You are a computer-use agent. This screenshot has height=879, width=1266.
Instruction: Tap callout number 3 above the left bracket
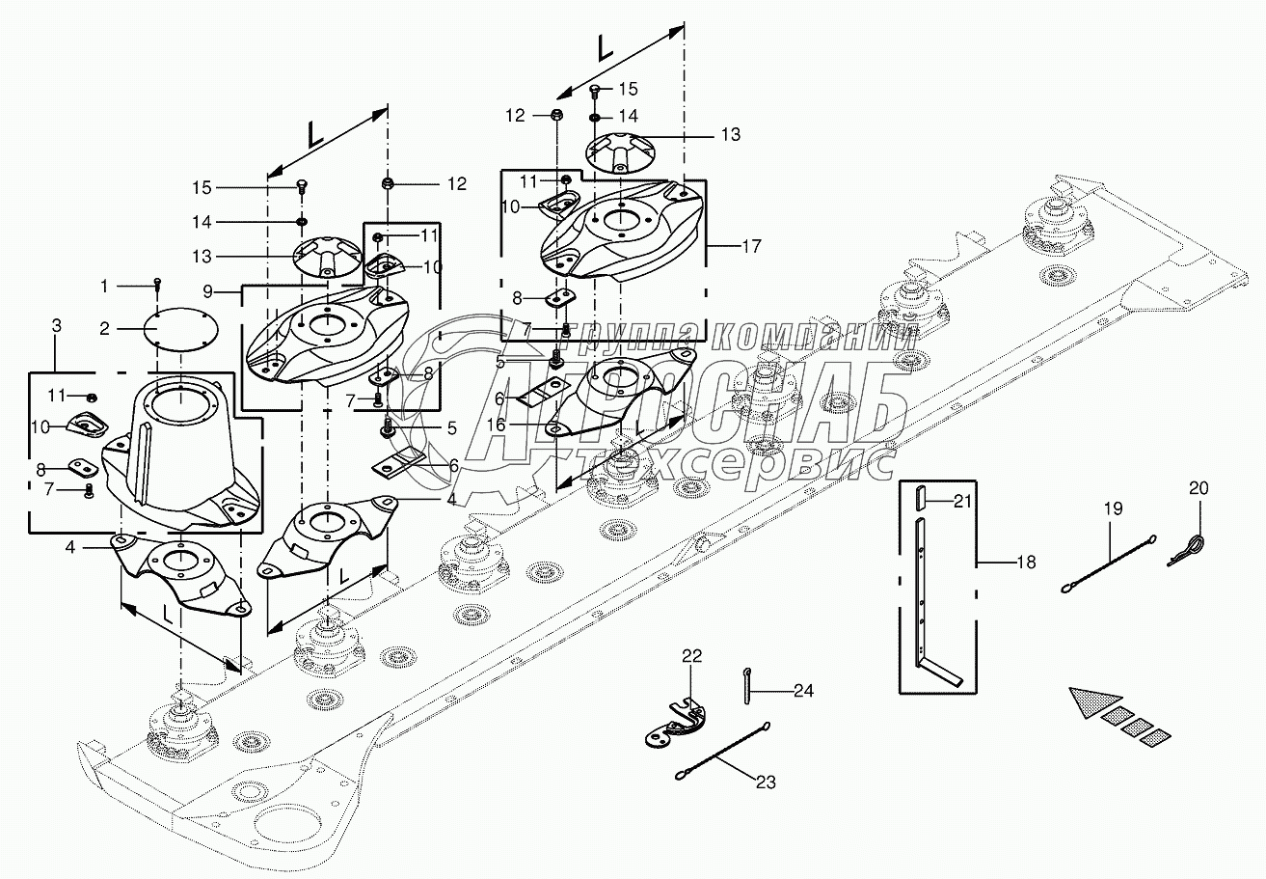57,328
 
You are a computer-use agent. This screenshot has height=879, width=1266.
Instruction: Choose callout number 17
751,246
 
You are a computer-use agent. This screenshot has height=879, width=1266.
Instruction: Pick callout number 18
1026,561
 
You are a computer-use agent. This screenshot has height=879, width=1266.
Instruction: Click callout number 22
692,656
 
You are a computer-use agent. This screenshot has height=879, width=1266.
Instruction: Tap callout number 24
803,690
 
